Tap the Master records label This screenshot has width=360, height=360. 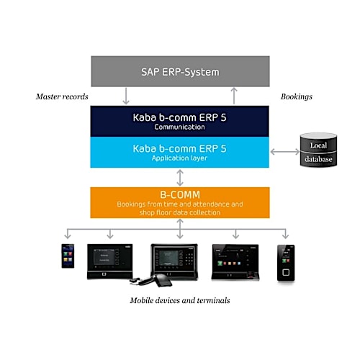click(62, 95)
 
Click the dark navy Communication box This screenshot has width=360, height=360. click(179, 120)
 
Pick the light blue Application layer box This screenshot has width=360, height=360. click(179, 151)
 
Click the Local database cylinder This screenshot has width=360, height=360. click(318, 150)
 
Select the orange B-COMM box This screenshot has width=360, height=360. click(179, 202)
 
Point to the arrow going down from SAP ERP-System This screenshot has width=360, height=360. click(126, 95)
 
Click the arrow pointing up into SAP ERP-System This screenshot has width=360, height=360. click(233, 95)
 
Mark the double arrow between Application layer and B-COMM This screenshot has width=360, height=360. click(179, 177)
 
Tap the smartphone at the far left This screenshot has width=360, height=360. click(67, 256)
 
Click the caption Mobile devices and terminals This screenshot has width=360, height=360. click(179, 300)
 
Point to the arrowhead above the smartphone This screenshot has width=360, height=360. click(67, 235)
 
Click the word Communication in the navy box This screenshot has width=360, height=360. click(179, 126)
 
